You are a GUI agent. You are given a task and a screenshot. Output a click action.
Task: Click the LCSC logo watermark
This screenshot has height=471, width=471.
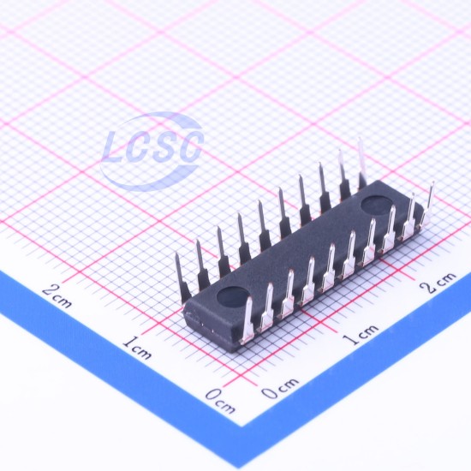tap(152, 151)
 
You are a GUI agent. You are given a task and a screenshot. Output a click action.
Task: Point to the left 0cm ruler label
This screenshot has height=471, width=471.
tap(220, 401)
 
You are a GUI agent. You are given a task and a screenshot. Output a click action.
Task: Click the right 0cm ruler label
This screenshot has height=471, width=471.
tap(280, 388)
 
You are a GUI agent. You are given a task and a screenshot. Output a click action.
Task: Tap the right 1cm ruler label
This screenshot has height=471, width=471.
tap(361, 334)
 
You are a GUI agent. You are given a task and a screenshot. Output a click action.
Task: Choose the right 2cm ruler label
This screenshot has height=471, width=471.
tap(438, 282)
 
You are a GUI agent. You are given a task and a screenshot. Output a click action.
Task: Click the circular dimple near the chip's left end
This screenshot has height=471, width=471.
tap(232, 297)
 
